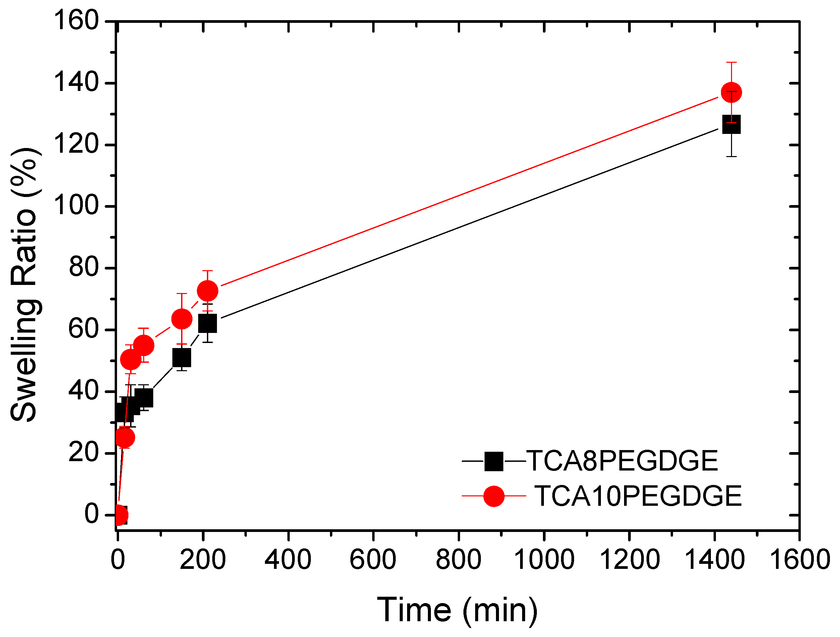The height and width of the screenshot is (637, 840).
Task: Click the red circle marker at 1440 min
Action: coord(731,92)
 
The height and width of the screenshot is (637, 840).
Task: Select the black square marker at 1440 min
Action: coord(731,125)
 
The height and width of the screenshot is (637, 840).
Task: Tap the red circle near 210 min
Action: coord(207,291)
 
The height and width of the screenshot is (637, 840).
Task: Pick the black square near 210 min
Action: coord(207,323)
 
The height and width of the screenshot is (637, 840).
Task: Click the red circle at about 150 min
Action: coord(181,318)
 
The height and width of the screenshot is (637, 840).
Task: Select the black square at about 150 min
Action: coord(181,358)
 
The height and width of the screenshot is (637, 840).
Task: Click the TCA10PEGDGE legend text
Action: coord(638,496)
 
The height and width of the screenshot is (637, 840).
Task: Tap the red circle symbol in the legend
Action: coord(494,496)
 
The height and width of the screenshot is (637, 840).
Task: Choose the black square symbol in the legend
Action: coord(494,461)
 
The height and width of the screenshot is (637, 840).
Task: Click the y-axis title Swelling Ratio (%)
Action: coord(23,285)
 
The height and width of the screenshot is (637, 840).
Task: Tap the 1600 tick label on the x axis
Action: coord(799,560)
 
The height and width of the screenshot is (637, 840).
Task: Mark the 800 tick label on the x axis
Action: coord(458,560)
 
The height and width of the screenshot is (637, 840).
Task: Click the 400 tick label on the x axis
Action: coord(288,560)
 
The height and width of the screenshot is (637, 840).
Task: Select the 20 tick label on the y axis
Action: coord(83,453)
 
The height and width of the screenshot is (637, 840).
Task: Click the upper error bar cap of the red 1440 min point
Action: coord(731,62)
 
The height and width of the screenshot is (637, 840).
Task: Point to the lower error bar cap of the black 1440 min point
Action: coord(731,156)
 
